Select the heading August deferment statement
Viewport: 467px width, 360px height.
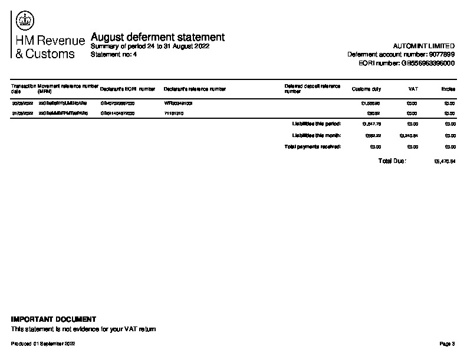point(157,38)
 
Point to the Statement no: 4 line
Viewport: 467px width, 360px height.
point(114,54)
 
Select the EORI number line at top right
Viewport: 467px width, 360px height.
point(406,63)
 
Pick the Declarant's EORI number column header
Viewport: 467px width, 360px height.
point(127,89)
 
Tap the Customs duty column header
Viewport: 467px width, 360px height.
point(366,89)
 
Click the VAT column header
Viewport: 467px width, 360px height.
point(413,89)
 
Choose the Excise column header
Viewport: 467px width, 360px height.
point(448,89)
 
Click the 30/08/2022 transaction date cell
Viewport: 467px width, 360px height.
point(22,103)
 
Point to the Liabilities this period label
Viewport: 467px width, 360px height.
point(317,124)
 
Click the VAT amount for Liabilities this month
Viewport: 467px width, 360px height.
point(409,135)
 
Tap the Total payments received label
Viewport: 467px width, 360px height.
point(313,146)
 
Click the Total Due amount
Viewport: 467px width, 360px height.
point(445,161)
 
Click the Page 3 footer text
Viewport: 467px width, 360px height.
point(448,343)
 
